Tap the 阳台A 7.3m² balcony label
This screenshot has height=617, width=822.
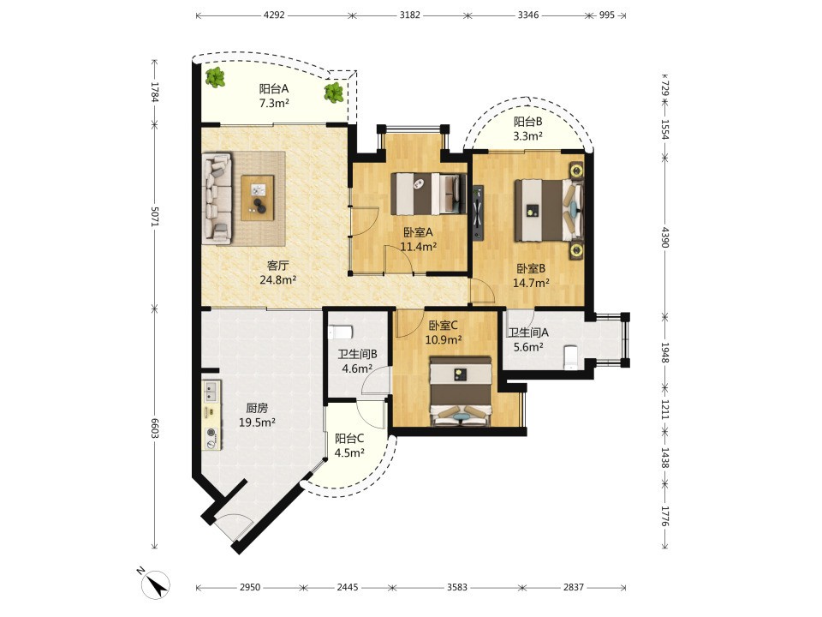[274, 96]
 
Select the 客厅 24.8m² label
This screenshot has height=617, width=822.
[277, 273]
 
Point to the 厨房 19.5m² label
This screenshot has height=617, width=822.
[258, 415]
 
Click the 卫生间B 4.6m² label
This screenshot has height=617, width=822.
[357, 362]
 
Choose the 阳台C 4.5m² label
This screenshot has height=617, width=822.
[349, 446]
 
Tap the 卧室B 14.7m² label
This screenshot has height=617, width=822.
[531, 276]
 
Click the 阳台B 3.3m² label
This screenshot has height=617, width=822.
[528, 129]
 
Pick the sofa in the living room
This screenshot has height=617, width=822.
[217, 198]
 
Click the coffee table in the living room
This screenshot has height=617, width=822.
[258, 198]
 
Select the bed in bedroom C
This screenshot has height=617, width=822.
[461, 392]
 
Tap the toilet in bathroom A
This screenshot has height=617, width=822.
[569, 358]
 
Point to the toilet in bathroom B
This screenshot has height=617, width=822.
[341, 332]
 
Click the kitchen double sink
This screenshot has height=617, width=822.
[211, 391]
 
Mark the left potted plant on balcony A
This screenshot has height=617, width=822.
[215, 78]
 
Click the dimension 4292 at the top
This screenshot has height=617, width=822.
[274, 15]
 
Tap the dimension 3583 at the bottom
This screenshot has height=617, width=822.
[457, 587]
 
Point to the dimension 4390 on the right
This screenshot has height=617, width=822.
[664, 237]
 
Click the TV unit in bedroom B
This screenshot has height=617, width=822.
[478, 213]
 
